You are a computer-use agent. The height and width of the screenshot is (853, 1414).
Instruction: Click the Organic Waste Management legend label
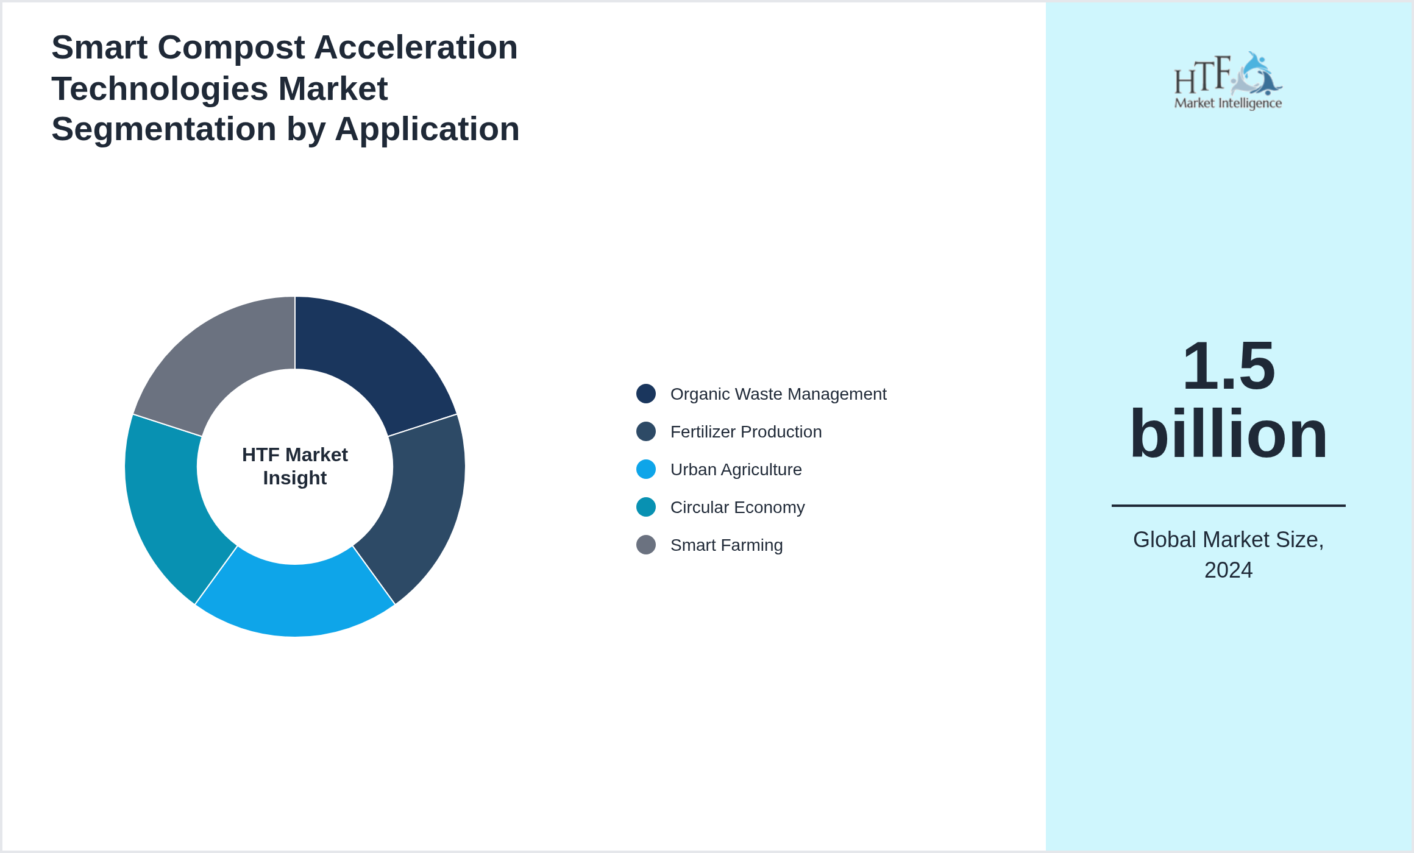[x=778, y=394]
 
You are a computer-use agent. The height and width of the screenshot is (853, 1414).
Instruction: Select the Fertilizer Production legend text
[x=745, y=432]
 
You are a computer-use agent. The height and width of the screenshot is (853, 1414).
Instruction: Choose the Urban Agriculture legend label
[x=736, y=470]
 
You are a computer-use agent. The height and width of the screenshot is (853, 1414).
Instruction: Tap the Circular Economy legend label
[x=737, y=508]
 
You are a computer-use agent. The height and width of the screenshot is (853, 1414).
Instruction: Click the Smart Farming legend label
[x=726, y=545]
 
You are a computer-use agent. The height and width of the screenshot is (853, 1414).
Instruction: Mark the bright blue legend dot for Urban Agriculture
[x=646, y=469]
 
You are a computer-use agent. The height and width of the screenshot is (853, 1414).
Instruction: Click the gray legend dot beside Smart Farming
[x=646, y=545]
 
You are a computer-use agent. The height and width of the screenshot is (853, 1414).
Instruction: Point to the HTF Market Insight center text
[x=295, y=466]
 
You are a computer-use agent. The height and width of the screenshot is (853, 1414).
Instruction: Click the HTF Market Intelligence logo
[x=1228, y=81]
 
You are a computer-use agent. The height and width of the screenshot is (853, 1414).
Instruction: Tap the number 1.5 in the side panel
[x=1228, y=366]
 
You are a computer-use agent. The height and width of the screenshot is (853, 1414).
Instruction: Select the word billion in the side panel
[x=1228, y=434]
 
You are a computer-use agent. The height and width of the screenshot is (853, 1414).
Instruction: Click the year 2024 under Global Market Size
[x=1228, y=570]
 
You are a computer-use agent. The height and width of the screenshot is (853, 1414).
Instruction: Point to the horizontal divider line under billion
[x=1228, y=506]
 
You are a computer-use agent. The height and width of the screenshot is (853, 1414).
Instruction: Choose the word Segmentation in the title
[x=164, y=129]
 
